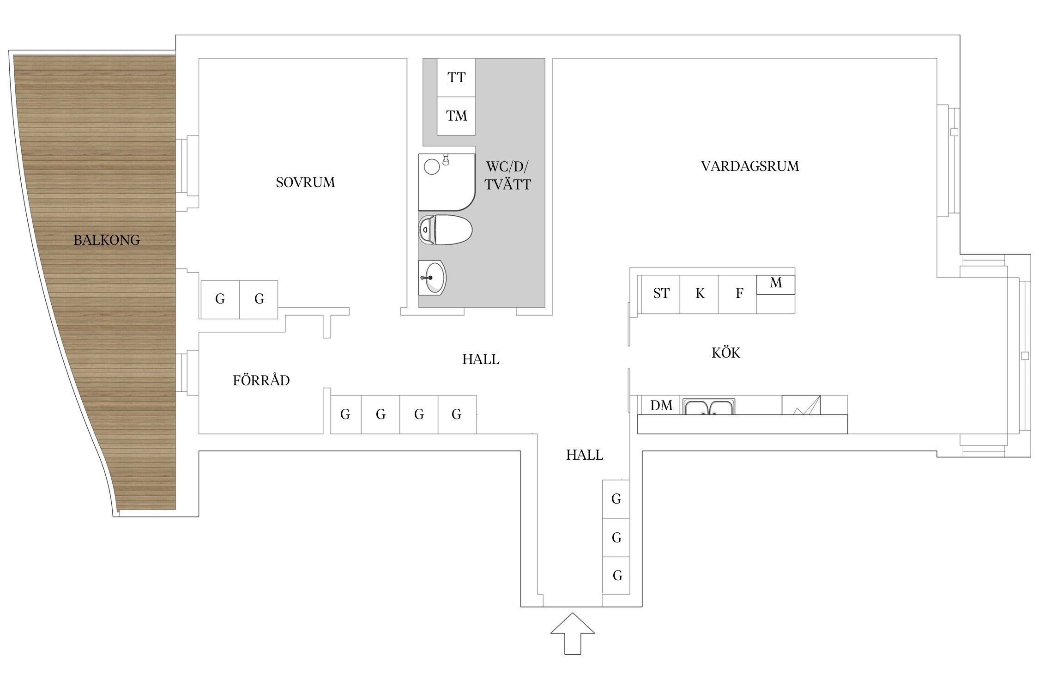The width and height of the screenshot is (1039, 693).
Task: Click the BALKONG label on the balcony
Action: (107, 240)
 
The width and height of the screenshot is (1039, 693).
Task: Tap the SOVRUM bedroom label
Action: (305, 182)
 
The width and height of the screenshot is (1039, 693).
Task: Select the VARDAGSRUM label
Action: (750, 166)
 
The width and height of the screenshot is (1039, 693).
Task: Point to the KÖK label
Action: (726, 353)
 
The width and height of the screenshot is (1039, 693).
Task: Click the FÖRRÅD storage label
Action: (261, 380)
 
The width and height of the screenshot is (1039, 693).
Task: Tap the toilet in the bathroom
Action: (445, 230)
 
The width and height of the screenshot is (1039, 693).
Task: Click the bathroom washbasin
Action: (432, 278)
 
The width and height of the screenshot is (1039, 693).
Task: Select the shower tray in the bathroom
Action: (447, 182)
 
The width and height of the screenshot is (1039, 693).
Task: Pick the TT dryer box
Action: (456, 78)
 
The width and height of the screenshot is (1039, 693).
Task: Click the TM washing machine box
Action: (456, 116)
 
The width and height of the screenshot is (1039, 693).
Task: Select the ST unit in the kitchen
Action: (661, 294)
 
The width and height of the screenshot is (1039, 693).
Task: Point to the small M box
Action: (776, 285)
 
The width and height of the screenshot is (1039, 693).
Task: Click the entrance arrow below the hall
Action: (573, 633)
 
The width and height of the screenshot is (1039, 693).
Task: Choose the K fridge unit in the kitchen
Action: (699, 294)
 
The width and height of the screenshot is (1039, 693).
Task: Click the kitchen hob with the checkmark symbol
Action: (801, 405)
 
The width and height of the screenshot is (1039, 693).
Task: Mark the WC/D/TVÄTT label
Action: (507, 176)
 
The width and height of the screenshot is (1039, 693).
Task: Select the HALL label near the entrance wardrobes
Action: (585, 455)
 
